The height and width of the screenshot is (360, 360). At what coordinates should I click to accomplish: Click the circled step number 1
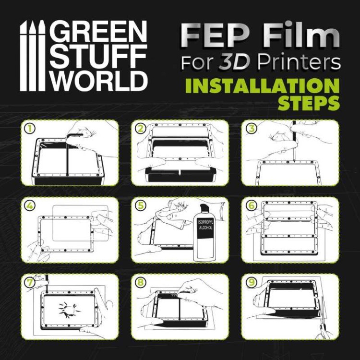point(30,129)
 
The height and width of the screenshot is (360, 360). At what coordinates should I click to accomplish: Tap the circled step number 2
point(140,129)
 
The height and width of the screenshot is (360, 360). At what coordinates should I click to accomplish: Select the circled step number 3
point(251,129)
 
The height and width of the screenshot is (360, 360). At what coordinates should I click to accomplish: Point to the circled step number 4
point(30,205)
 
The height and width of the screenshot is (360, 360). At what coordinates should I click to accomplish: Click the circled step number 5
point(140,205)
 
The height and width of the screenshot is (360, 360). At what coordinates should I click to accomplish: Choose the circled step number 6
point(251,205)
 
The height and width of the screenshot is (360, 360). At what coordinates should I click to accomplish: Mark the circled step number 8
point(140,282)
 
